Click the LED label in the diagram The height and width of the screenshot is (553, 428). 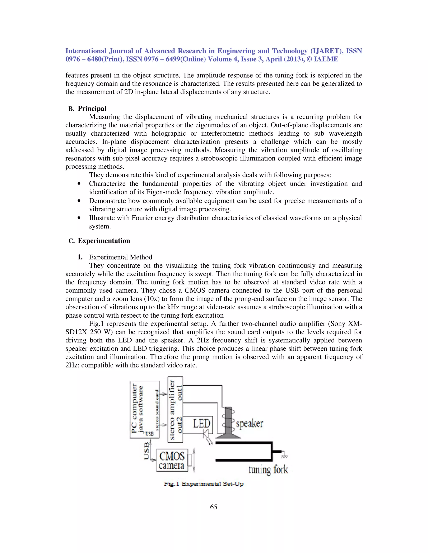[202, 423]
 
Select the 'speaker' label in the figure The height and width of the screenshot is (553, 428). [249, 423]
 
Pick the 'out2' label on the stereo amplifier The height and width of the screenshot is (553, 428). [180, 425]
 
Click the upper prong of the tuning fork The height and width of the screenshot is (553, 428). [243, 443]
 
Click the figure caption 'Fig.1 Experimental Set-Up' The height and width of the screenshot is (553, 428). [203, 484]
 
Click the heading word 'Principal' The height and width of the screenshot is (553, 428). [92, 109]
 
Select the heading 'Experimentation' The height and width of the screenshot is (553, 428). [104, 241]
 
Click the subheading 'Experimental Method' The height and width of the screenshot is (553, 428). [120, 257]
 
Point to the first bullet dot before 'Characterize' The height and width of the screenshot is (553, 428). [79, 184]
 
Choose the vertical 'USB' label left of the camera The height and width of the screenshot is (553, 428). [146, 451]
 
